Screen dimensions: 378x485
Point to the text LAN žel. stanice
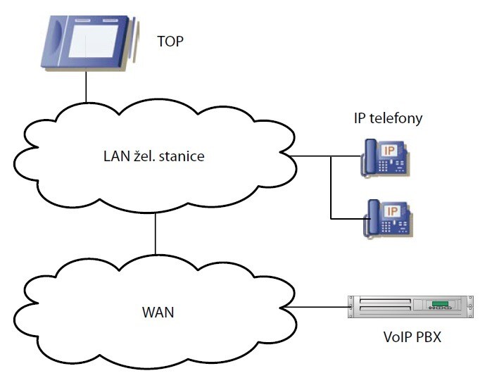153,156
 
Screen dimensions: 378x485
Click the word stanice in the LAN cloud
182,156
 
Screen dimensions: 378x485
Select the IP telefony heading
388,118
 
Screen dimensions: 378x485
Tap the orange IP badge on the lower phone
393,210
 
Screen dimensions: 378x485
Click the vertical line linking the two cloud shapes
155,233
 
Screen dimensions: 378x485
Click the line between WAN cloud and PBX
320,308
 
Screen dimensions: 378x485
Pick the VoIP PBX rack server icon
406,307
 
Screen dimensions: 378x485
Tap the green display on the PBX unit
440,304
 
